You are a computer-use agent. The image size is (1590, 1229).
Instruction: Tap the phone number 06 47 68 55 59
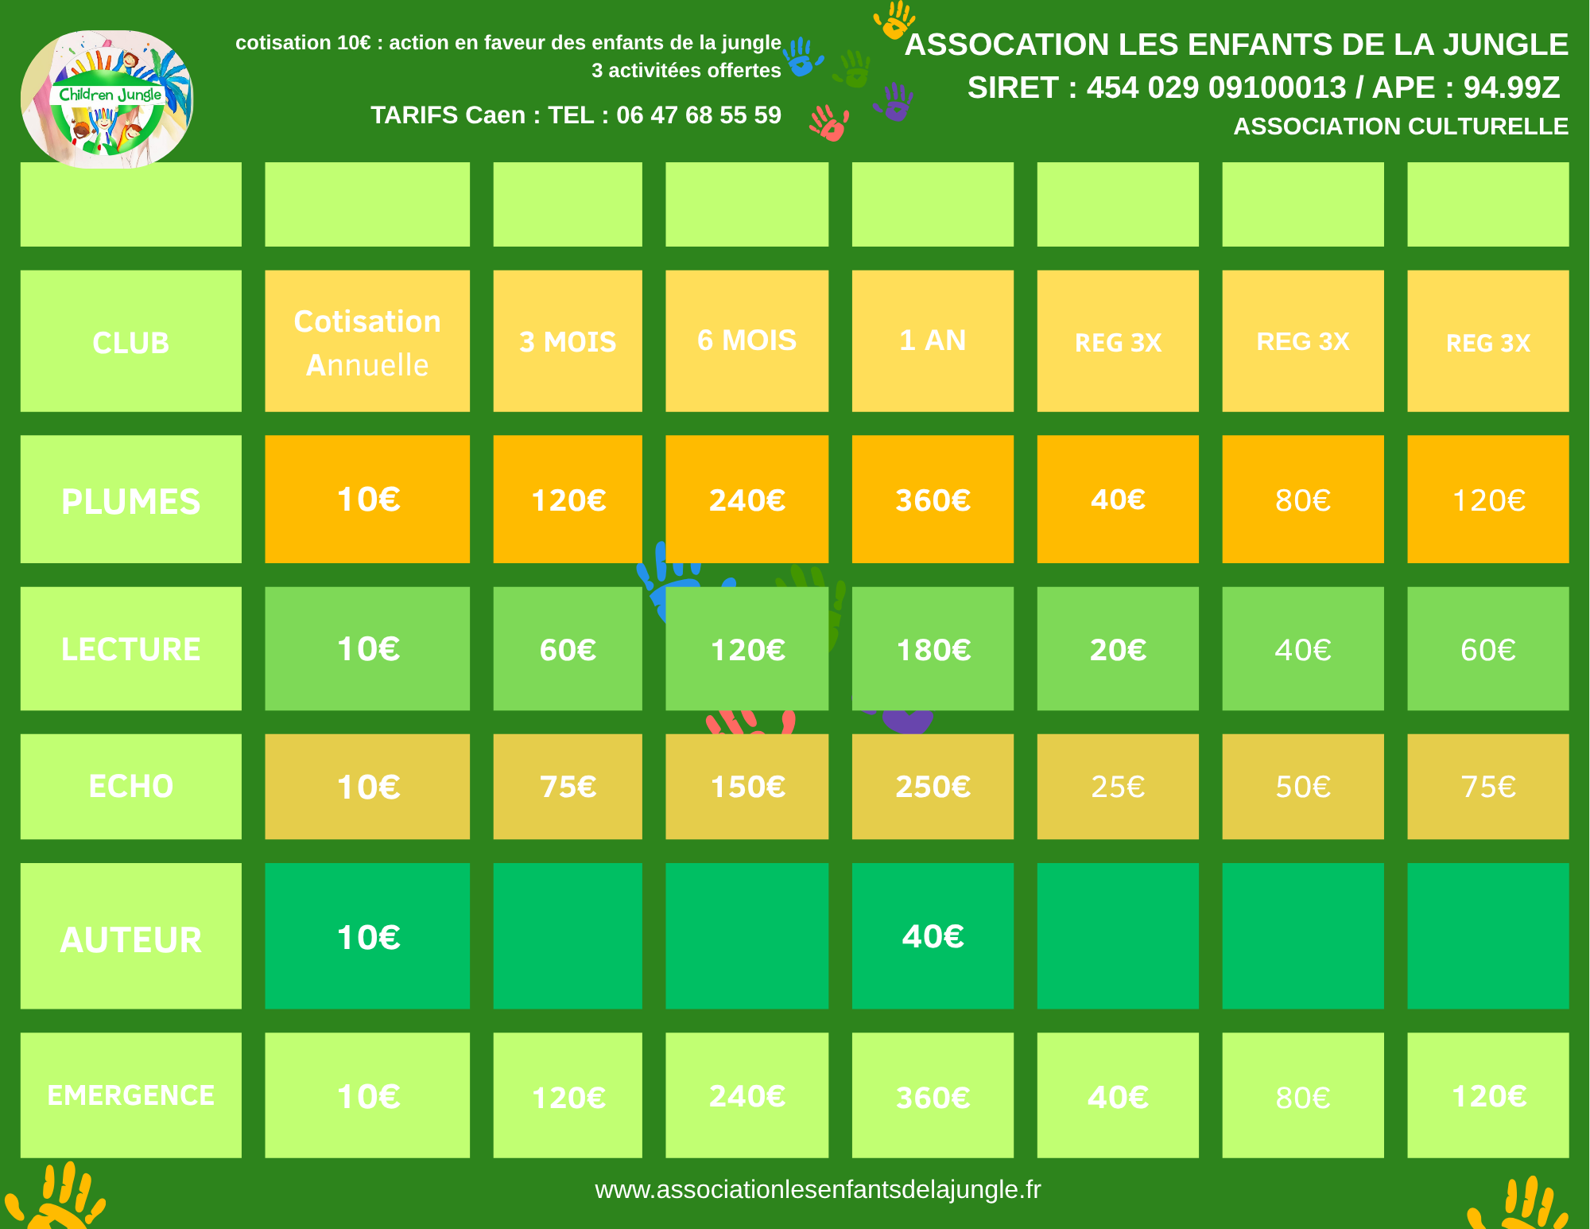[698, 115]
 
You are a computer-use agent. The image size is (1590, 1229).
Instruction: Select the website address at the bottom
[817, 1189]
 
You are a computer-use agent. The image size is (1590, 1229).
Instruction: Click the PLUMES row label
[131, 501]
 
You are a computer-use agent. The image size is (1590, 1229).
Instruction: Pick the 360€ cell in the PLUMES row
[933, 500]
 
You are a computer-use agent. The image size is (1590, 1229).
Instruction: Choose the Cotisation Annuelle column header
[367, 342]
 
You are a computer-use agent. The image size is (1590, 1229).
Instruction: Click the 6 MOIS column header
[747, 340]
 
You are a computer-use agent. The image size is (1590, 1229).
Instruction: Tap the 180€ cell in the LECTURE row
[933, 650]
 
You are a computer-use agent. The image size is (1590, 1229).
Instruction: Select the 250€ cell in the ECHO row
[933, 787]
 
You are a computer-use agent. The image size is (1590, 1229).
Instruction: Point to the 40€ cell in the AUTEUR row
[933, 936]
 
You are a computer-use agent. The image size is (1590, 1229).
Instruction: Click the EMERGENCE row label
[131, 1095]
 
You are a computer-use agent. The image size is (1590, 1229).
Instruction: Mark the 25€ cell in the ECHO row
[1118, 787]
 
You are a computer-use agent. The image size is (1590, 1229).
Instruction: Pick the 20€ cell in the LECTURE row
[1118, 650]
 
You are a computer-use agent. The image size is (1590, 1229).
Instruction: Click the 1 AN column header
[933, 340]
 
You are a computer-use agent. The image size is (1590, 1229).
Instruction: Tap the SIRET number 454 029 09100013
[1216, 88]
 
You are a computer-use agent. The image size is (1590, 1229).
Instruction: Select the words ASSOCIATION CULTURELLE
[1401, 126]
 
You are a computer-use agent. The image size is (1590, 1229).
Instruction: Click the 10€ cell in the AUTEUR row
[367, 937]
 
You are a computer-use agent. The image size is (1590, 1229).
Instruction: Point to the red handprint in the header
[829, 124]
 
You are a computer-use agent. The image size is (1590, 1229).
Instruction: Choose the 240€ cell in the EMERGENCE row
[747, 1096]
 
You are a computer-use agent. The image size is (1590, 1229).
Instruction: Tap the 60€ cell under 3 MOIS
[568, 650]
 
